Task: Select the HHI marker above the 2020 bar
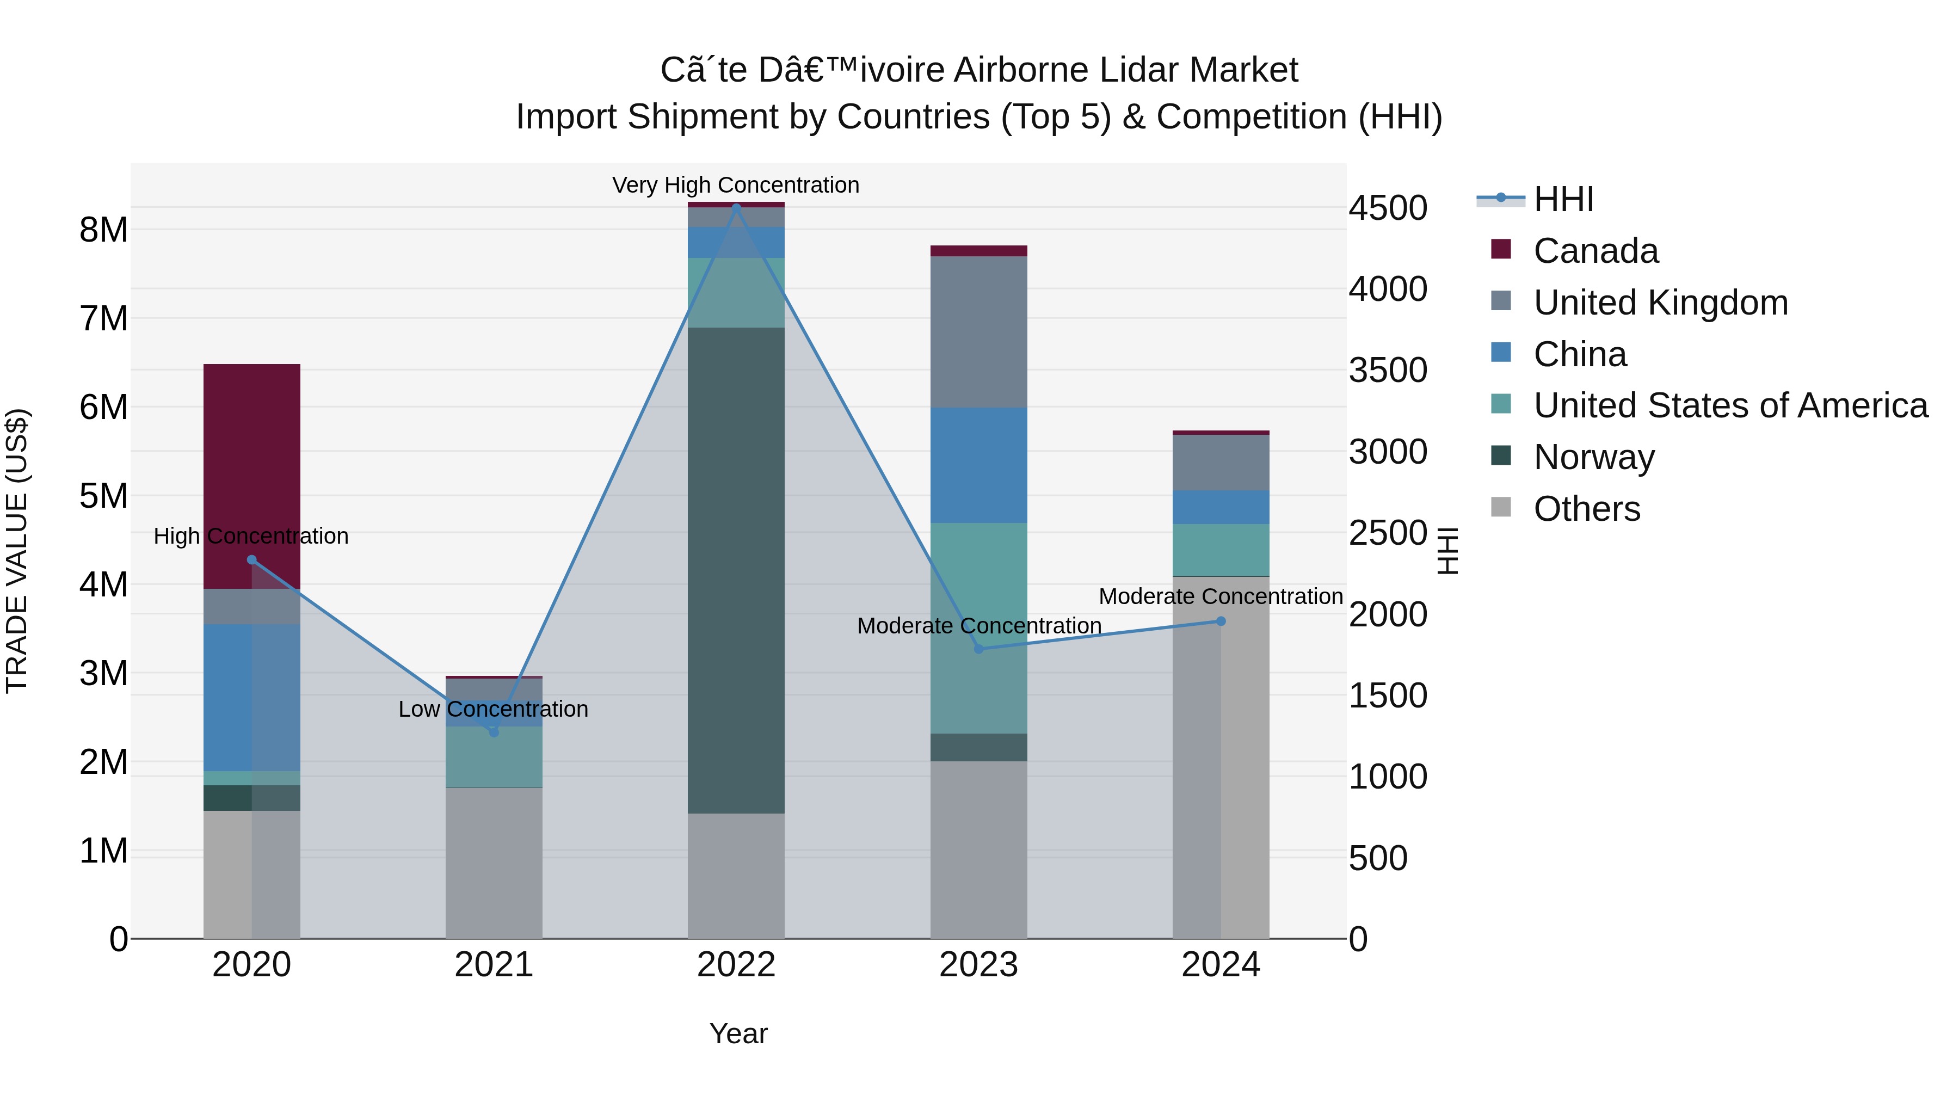(252, 560)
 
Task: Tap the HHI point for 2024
(1221, 621)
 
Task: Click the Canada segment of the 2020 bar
(252, 476)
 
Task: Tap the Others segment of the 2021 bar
(494, 863)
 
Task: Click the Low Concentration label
(494, 709)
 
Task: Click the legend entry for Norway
(1594, 457)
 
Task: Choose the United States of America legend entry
(1730, 405)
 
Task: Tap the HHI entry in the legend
(1563, 199)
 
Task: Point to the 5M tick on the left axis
(103, 496)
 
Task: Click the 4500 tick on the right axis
(1387, 208)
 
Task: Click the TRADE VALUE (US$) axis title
(17, 551)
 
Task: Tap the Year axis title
(738, 1033)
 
